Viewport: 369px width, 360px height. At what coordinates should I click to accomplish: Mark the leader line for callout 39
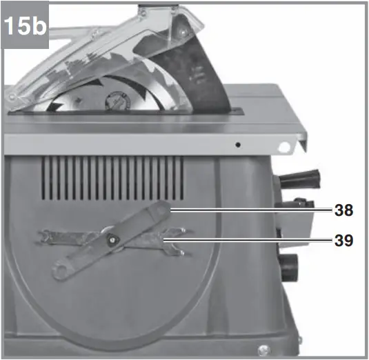248,240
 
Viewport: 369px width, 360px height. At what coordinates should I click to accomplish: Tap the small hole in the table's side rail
237,145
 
